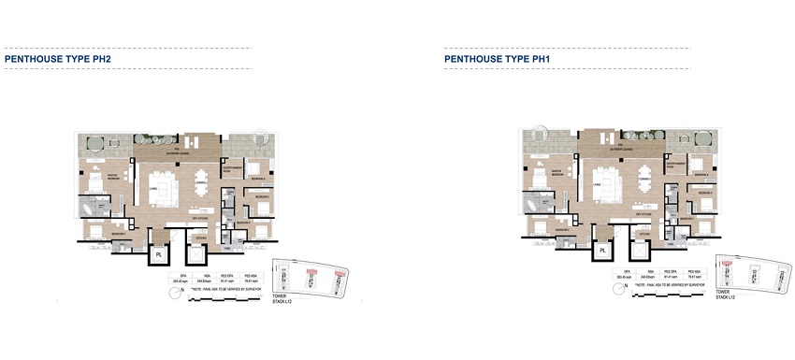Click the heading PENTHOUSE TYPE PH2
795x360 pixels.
point(59,58)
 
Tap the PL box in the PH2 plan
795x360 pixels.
point(159,254)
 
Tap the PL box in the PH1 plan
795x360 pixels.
point(602,252)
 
